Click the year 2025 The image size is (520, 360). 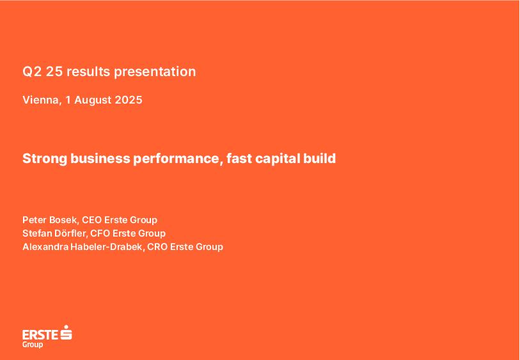(129, 100)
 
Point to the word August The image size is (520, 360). (93, 101)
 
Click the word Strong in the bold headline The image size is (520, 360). (45, 159)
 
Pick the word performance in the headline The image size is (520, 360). (178, 159)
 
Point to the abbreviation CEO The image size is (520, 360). (91, 220)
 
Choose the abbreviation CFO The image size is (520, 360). (100, 233)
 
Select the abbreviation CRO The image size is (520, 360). (157, 247)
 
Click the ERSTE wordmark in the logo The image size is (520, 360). (40, 335)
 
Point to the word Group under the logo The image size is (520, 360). (33, 345)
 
